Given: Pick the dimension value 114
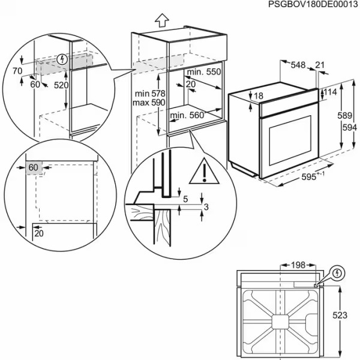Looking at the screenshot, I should pyautogui.click(x=331, y=92).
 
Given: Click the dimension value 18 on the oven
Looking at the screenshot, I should pyautogui.click(x=259, y=96).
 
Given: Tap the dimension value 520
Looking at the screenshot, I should pyautogui.click(x=61, y=85).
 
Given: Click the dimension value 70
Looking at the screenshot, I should pyautogui.click(x=17, y=71).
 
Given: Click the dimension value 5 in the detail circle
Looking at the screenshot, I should pyautogui.click(x=185, y=199).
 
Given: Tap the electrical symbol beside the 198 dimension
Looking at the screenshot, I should pyautogui.click(x=338, y=274).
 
